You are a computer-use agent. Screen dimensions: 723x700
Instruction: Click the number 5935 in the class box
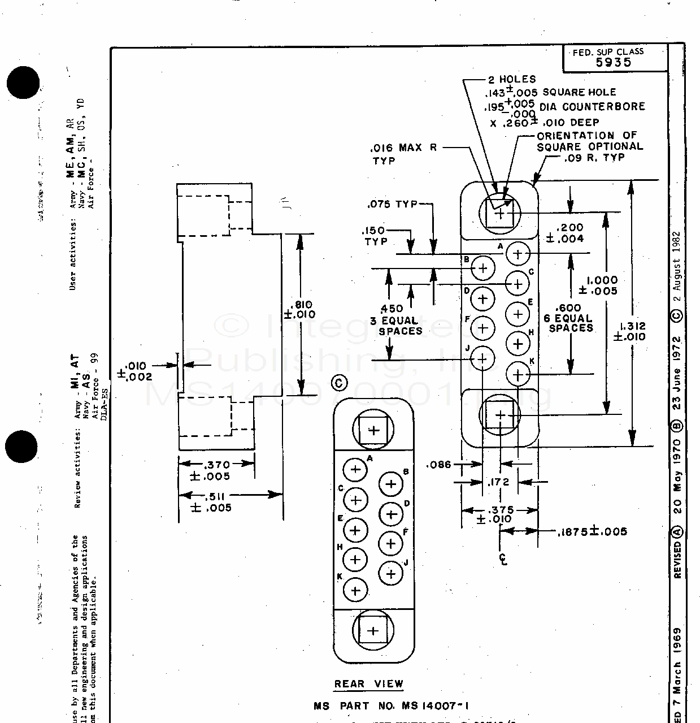pos(614,63)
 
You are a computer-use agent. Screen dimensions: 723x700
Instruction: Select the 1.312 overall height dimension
pos(632,331)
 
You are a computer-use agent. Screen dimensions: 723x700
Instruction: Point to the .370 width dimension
pos(218,470)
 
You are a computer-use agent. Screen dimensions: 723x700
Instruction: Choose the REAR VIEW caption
pos(368,684)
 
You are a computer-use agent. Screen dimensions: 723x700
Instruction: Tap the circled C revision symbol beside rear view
pos(339,383)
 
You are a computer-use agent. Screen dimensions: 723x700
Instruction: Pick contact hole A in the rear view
pos(355,469)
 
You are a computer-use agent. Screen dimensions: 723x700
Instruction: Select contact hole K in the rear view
pos(355,591)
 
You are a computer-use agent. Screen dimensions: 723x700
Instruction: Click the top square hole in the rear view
pos(373,431)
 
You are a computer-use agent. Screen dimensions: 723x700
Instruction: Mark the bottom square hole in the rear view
pos(372,631)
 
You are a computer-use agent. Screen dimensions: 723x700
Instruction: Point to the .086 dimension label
pos(440,465)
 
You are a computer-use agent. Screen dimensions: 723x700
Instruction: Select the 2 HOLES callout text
pos(512,80)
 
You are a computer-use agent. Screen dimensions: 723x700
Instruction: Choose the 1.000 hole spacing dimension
pos(601,285)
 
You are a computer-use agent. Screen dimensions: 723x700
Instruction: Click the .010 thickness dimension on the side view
pos(133,371)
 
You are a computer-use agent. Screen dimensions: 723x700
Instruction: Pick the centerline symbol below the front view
pos(502,559)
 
